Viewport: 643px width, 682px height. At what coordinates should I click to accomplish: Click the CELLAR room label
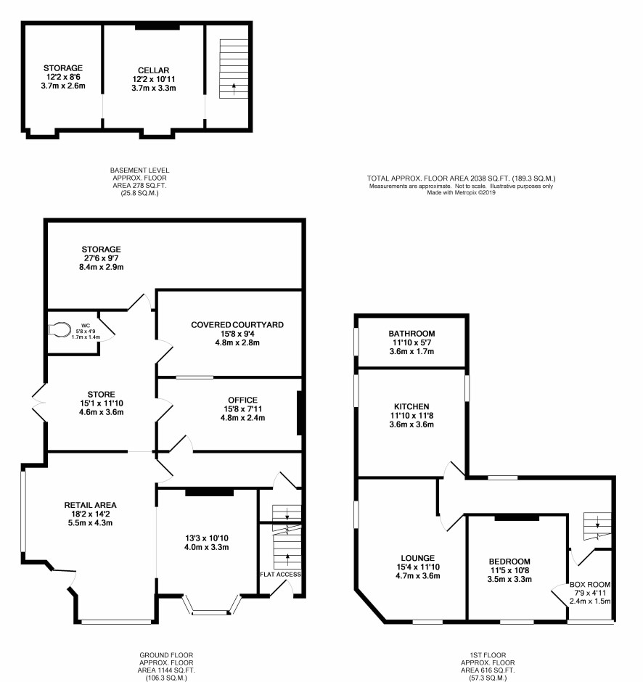154,70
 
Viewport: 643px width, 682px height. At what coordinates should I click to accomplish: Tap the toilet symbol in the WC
59,329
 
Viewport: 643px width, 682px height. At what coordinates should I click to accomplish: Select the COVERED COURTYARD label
237,325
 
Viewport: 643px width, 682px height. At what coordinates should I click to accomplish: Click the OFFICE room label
242,400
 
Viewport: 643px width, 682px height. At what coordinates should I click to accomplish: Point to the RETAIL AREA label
90,506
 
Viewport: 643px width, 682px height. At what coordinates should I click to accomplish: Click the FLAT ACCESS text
280,575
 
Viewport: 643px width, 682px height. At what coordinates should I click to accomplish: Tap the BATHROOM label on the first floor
411,334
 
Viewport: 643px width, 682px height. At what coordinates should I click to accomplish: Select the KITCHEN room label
411,407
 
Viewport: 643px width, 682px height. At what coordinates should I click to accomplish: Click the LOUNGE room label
417,558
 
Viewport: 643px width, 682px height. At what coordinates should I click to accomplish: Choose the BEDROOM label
509,562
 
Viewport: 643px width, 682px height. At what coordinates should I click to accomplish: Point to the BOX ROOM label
590,585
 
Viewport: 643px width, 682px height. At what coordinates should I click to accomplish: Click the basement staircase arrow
234,89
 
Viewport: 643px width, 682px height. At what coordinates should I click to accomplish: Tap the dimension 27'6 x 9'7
101,258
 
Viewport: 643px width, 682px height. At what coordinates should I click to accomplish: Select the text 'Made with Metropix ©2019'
461,192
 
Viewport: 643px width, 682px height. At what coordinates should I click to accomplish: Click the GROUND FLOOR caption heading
166,655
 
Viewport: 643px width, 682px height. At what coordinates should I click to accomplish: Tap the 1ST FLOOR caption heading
488,655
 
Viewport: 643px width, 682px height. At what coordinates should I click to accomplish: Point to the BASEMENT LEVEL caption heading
139,170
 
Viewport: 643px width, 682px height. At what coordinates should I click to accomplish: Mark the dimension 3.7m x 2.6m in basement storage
63,86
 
